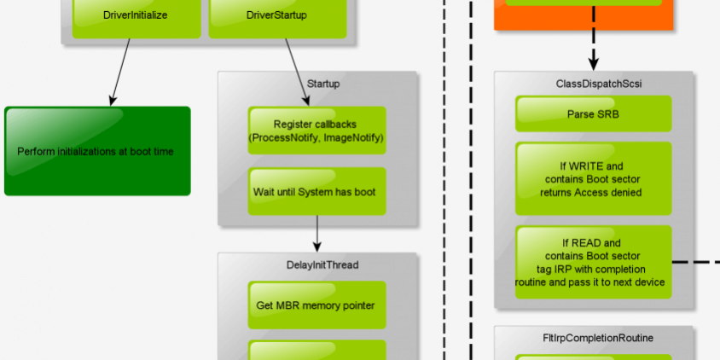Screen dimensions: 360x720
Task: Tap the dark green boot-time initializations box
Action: (96, 151)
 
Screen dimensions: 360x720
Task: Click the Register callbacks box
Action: (316, 131)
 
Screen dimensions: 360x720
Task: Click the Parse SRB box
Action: (593, 113)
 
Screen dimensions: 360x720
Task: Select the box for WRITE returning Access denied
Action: (593, 179)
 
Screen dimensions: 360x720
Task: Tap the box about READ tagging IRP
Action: (593, 262)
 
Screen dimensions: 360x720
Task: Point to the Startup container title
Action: (322, 84)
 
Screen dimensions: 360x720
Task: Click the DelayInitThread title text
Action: (316, 264)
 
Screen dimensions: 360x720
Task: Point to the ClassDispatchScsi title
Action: (593, 84)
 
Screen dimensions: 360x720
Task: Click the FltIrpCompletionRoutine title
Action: (597, 338)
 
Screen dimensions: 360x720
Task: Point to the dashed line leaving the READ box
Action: (695, 262)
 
